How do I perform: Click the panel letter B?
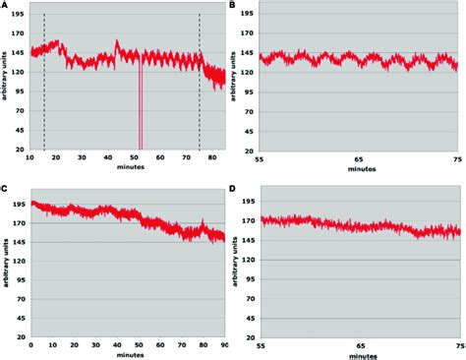pyautogui.click(x=232, y=6)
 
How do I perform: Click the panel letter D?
pyautogui.click(x=232, y=187)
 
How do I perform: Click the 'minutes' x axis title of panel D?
pyautogui.click(x=358, y=354)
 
